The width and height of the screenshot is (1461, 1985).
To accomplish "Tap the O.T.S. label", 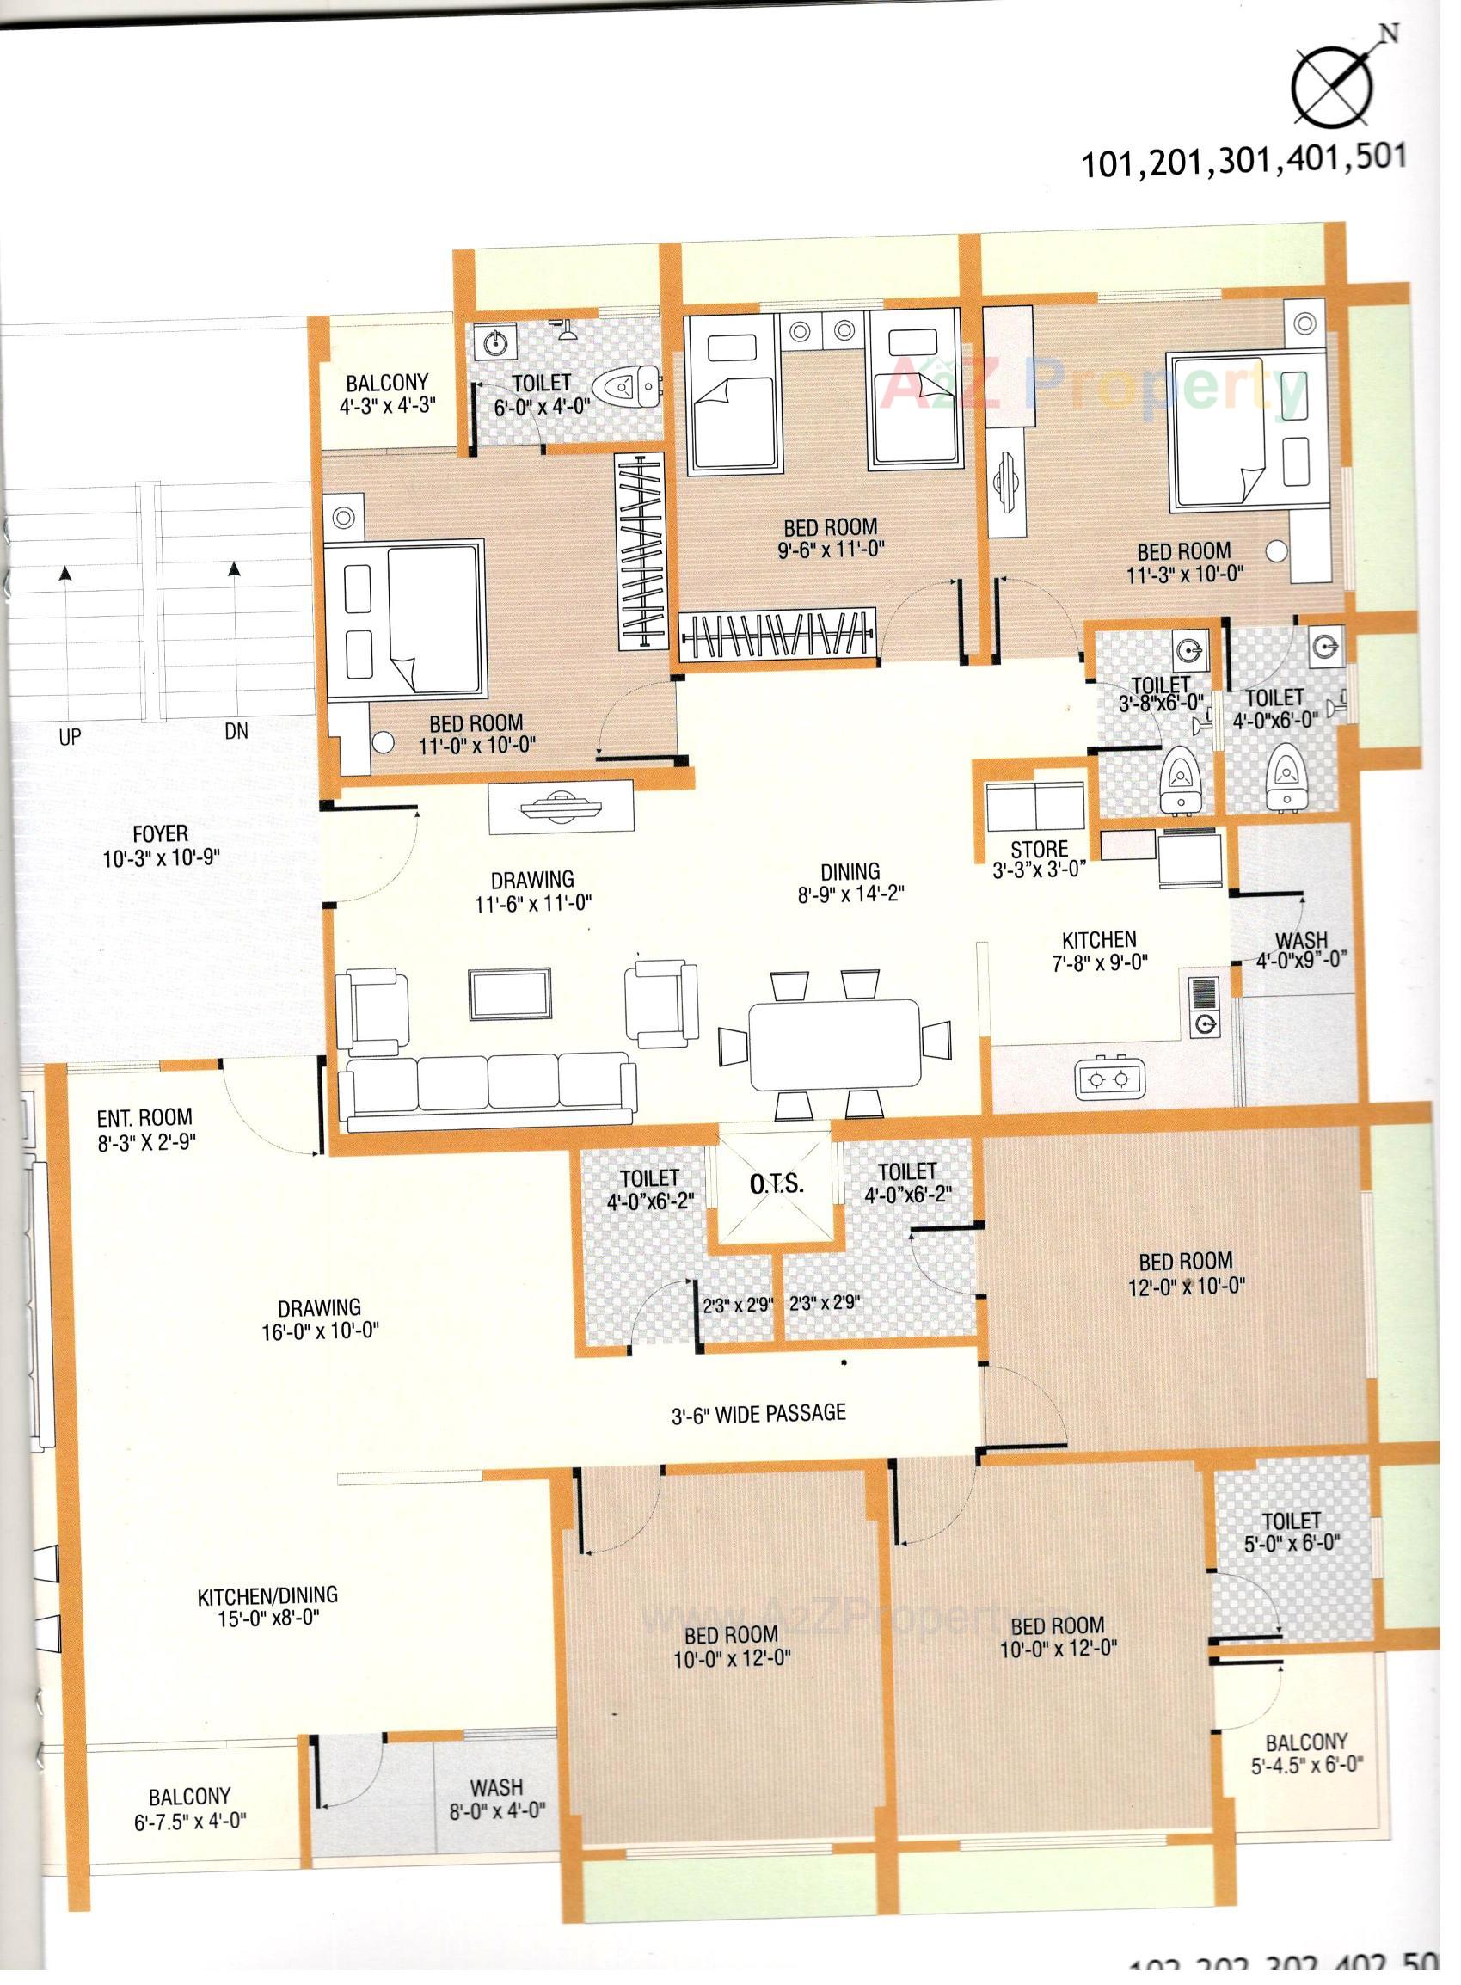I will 777,1184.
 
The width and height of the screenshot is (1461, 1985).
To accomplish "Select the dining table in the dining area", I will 834,1045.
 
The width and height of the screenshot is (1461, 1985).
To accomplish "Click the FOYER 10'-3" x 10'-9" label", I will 160,845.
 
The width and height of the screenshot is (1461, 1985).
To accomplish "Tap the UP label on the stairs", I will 70,736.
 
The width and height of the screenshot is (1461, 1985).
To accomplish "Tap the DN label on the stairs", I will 236,732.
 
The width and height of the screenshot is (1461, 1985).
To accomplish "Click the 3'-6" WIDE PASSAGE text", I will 758,1414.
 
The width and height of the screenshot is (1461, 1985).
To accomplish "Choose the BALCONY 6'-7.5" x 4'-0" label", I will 189,1808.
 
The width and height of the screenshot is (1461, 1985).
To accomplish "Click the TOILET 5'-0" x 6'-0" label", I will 1292,1531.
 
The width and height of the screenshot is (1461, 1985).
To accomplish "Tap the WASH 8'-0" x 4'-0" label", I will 496,1798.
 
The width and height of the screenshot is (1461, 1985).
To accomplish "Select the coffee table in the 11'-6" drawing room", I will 511,992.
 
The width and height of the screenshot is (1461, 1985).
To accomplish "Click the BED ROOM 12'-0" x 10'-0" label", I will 1185,1273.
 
